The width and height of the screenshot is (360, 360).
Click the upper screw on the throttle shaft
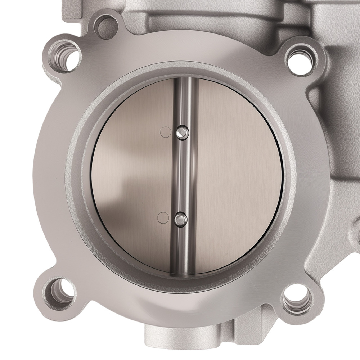click(x=183, y=133)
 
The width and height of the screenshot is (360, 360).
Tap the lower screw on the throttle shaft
click(x=180, y=219)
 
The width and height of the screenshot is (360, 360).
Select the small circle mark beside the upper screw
click(x=166, y=132)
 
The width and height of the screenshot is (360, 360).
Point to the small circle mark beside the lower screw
click(x=163, y=217)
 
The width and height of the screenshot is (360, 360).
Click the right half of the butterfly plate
click(x=238, y=173)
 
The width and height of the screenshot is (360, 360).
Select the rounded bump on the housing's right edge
click(x=356, y=230)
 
